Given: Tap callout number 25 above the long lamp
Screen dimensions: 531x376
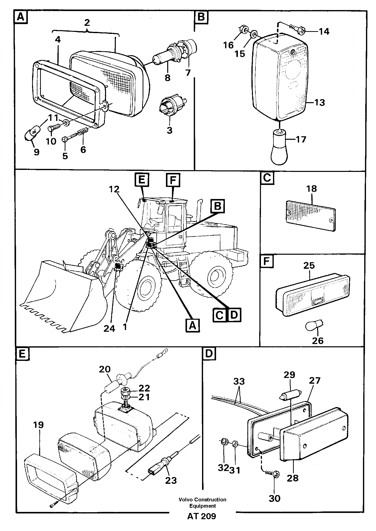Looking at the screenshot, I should tap(309, 265).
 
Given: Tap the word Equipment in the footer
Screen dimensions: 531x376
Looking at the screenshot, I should tap(202, 506).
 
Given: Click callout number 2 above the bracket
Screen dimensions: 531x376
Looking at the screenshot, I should tap(86, 23).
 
